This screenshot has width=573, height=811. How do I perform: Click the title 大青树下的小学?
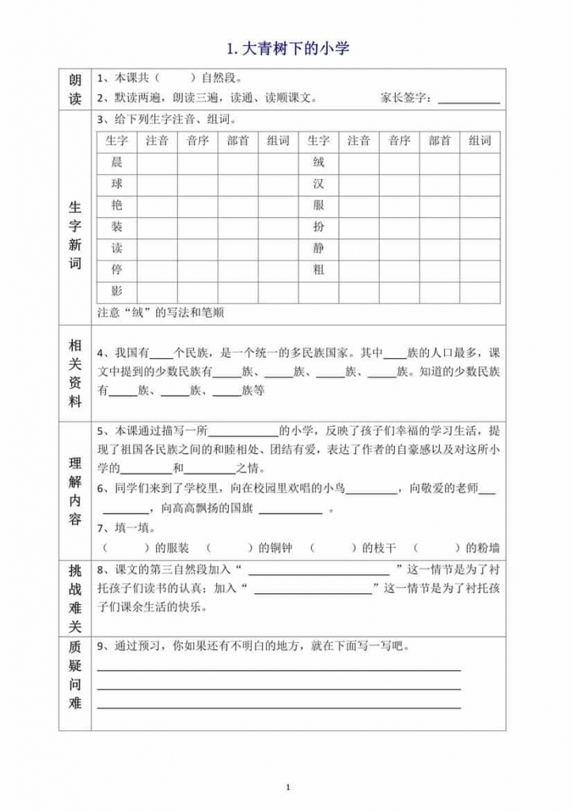(287, 49)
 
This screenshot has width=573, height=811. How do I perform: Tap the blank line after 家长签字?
(469, 100)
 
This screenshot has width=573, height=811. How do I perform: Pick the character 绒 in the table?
(318, 162)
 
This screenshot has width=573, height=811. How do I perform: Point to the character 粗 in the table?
(318, 269)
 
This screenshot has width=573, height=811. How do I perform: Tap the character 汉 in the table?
(318, 184)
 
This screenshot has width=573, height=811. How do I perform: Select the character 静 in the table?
(318, 248)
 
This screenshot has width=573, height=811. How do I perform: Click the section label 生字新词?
(75, 236)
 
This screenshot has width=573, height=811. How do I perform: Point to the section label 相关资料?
(75, 373)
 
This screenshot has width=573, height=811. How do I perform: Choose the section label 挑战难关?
(75, 599)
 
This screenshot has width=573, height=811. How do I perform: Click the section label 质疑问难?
(75, 682)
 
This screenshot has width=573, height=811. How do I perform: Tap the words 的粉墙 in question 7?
(483, 547)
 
